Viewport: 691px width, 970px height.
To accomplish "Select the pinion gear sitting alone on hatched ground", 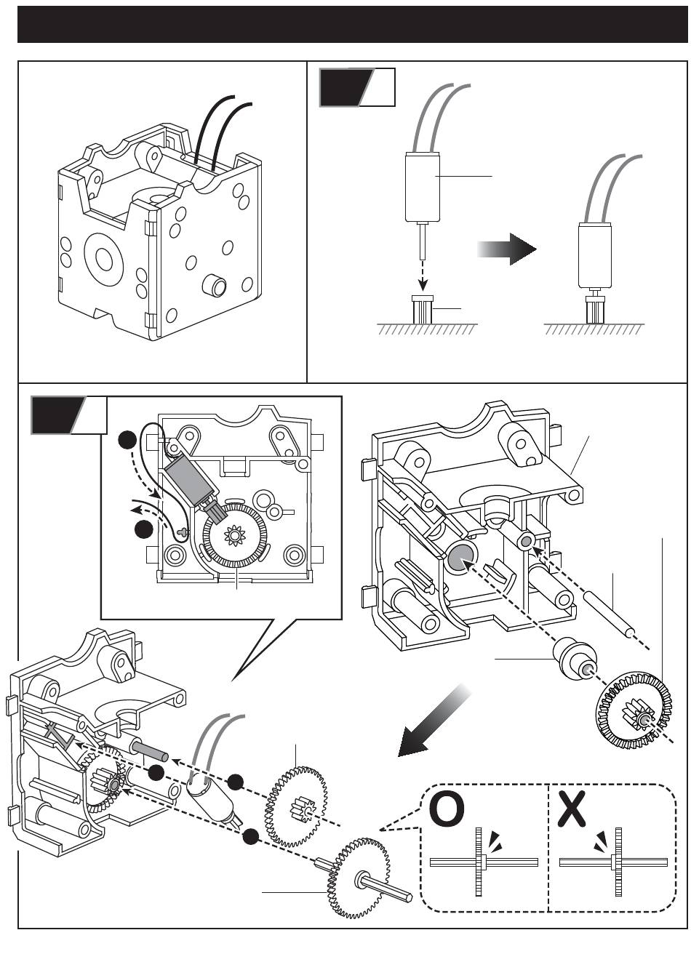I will pos(423,310).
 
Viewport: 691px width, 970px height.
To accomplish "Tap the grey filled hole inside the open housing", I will pos(460,556).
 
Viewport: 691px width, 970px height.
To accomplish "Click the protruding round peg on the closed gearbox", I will pos(214,284).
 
